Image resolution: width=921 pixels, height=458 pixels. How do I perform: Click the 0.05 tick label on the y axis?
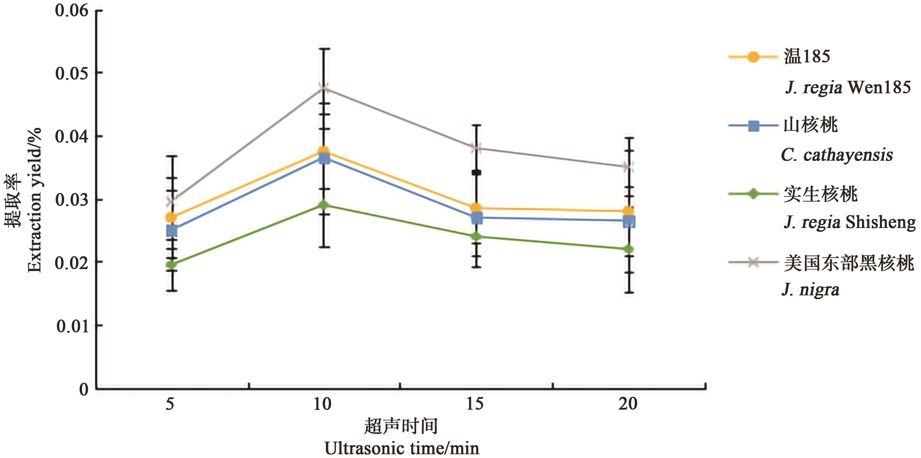[71, 73]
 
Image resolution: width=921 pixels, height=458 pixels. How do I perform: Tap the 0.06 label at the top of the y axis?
[71, 10]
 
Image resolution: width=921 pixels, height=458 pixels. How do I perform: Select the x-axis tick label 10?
[322, 404]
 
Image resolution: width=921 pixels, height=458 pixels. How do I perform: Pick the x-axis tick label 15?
[475, 404]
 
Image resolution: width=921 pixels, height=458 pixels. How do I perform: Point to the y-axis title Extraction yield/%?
[34, 200]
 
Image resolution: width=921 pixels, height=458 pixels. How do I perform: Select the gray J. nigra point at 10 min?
[324, 88]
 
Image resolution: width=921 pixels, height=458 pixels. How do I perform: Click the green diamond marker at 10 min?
[324, 205]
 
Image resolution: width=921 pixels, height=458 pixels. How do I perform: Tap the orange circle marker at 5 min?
[172, 217]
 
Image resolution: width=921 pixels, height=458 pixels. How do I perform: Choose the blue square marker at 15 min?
[477, 217]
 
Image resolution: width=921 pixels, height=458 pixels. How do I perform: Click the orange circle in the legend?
[753, 57]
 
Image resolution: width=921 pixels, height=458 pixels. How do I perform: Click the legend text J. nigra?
[810, 289]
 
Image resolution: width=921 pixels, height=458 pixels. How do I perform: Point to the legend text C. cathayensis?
[836, 155]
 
